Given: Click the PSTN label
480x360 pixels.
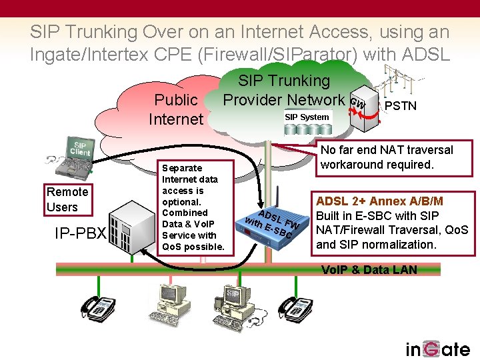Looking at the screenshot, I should pos(401,105).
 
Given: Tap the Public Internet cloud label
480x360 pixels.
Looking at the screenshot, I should pos(176,109).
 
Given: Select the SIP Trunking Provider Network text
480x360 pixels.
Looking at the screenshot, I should pos(285,90).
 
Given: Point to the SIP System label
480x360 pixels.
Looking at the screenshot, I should pos(307,117).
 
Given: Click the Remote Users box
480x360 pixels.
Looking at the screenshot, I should pos(67,199).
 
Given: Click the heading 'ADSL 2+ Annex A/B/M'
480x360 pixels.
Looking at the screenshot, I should pos(379,201).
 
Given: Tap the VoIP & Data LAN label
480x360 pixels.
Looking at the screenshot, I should pos(369,269).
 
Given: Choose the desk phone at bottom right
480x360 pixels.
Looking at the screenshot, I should pos(295,307).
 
